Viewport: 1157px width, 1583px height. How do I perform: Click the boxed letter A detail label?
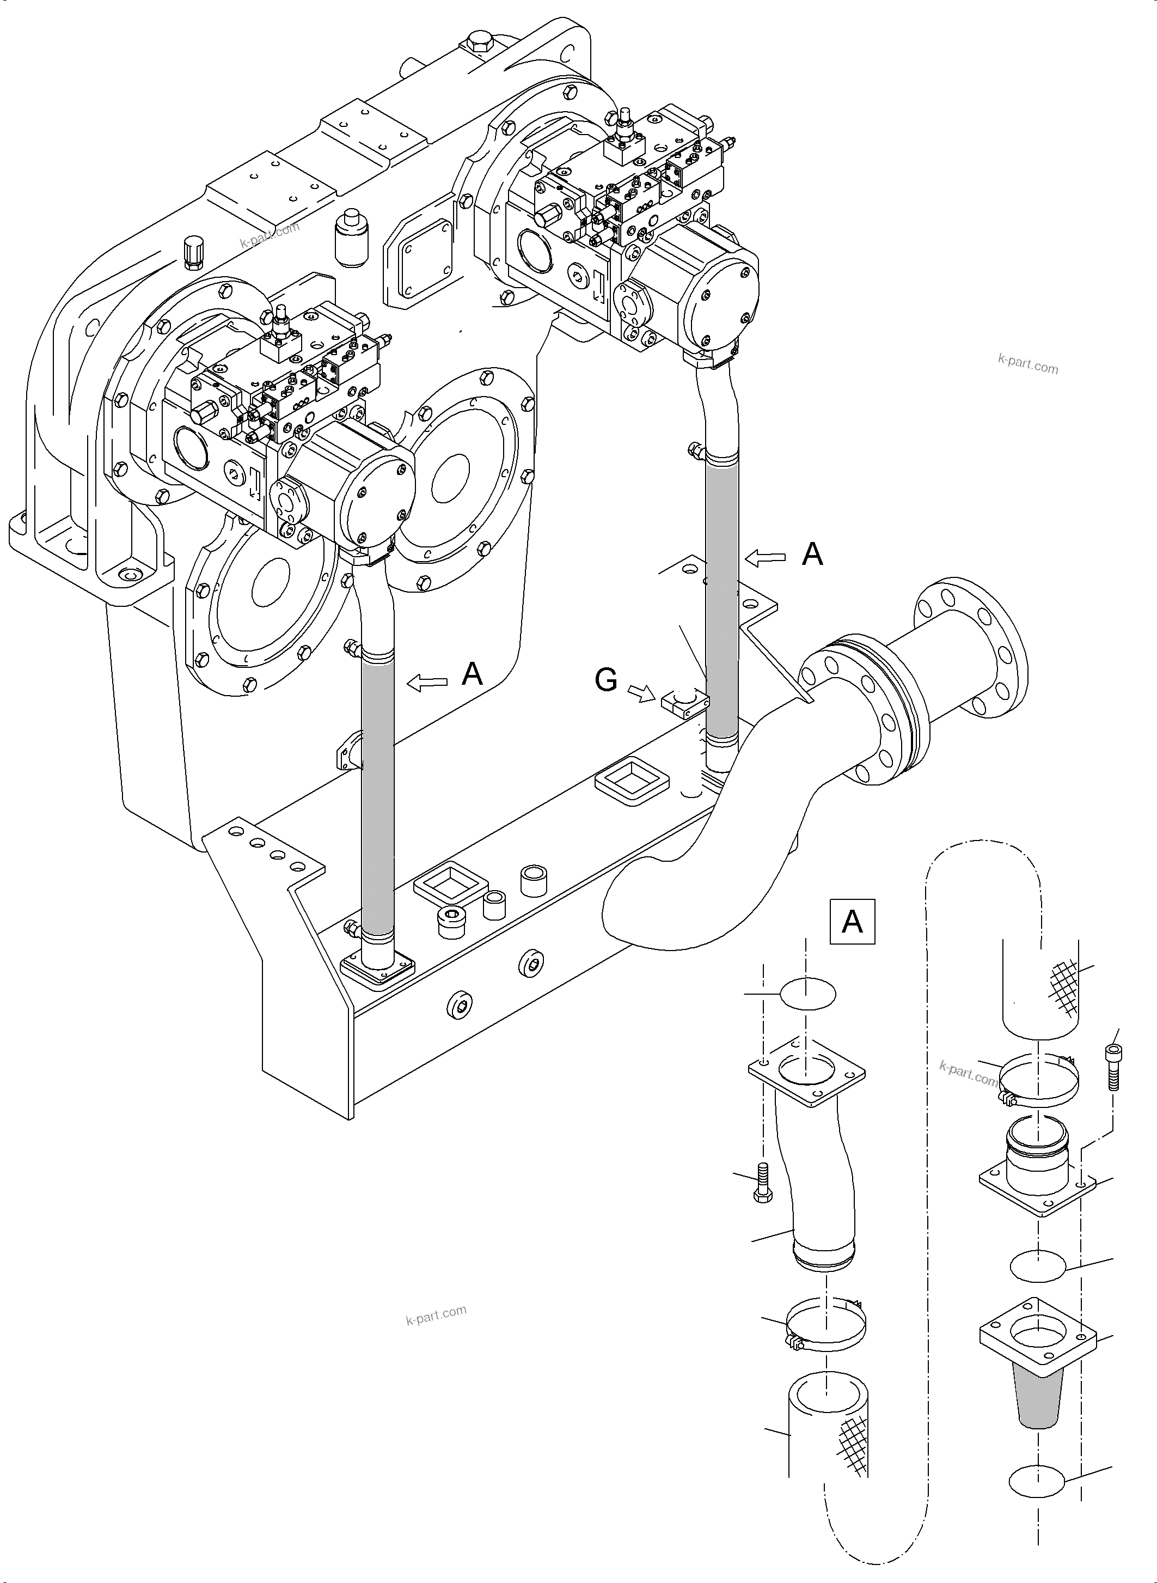point(852,921)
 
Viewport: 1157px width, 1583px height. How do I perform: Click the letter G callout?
point(606,679)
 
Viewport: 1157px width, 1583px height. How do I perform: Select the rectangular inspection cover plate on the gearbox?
point(420,261)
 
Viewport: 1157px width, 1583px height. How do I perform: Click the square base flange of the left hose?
point(377,971)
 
